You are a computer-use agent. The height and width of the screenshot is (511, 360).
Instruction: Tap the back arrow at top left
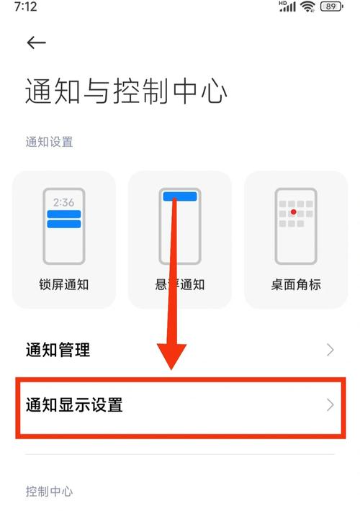point(36,43)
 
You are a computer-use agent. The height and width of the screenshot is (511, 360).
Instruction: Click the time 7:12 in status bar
point(24,6)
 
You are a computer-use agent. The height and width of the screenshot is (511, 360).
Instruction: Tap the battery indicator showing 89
point(330,6)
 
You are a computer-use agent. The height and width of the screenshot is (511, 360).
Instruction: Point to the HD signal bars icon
point(287,6)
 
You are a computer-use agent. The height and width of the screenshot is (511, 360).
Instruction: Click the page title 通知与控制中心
point(126,92)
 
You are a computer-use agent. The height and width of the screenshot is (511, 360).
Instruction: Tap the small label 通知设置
point(49,142)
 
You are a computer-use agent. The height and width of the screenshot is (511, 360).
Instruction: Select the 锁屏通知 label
point(64,284)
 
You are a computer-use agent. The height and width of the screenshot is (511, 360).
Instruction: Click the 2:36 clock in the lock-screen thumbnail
point(64,202)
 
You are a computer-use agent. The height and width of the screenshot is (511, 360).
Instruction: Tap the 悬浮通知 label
point(180,284)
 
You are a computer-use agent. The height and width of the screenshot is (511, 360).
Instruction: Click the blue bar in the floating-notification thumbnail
point(179,196)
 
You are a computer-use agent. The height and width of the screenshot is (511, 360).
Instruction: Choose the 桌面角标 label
point(296,284)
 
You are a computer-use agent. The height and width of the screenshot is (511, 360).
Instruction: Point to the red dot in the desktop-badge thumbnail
point(294,213)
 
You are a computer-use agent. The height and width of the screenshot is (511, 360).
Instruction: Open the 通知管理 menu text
point(58,351)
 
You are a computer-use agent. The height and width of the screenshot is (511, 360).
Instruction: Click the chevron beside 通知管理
point(330,351)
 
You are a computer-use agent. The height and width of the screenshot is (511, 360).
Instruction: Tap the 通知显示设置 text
point(74,404)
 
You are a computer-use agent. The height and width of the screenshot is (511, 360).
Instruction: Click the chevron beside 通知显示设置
point(330,404)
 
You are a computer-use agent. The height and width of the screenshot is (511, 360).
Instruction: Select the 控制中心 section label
point(49,492)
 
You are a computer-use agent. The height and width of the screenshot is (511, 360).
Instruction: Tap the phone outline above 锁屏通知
point(64,226)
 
